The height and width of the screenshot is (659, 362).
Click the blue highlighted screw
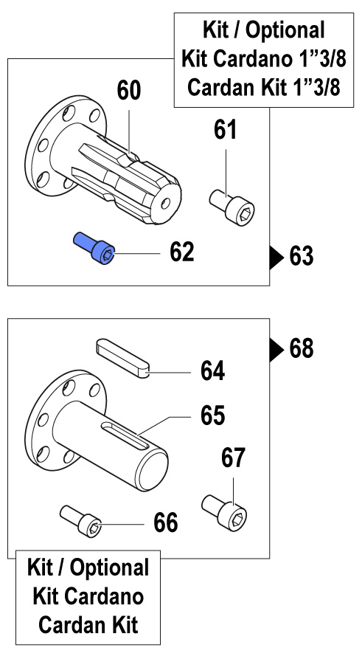[94, 249]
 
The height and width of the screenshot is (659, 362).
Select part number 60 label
[129, 91]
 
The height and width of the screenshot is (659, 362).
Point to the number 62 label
[182, 252]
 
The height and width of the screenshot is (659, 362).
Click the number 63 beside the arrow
[302, 256]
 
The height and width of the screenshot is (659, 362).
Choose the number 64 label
[212, 371]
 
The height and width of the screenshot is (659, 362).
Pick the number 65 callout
[213, 415]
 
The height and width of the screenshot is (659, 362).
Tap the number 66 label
[166, 522]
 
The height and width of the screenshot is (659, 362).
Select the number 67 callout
[233, 458]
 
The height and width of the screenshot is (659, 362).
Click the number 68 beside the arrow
[302, 348]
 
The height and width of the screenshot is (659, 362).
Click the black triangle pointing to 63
[276, 257]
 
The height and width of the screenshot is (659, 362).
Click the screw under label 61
[233, 205]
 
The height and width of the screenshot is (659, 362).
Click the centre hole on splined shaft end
[166, 204]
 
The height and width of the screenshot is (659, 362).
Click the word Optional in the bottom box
[110, 567]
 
